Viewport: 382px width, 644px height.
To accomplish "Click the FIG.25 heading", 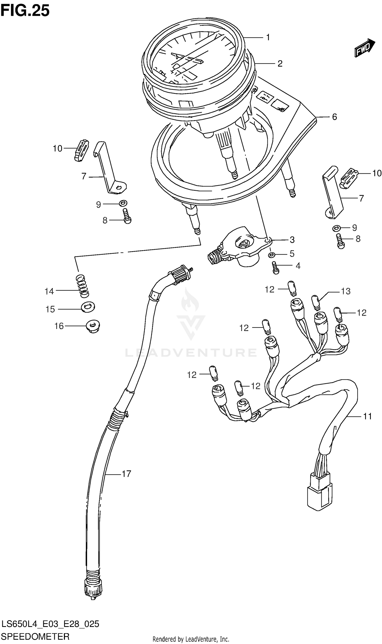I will pos(25,11).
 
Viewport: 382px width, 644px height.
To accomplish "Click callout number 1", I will pos(268,38).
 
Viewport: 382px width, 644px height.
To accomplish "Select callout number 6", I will pos(334,117).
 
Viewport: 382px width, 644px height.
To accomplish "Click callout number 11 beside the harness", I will pos(367,416).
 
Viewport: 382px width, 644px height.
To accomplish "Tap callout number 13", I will pos(346,291).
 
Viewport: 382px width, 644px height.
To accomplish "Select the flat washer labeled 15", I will pos(88,307).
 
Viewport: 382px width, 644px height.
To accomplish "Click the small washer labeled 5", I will pos(271,255).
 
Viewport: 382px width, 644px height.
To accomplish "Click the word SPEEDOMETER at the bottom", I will pos(35,637).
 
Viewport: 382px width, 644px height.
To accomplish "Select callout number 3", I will pos(292,240).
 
